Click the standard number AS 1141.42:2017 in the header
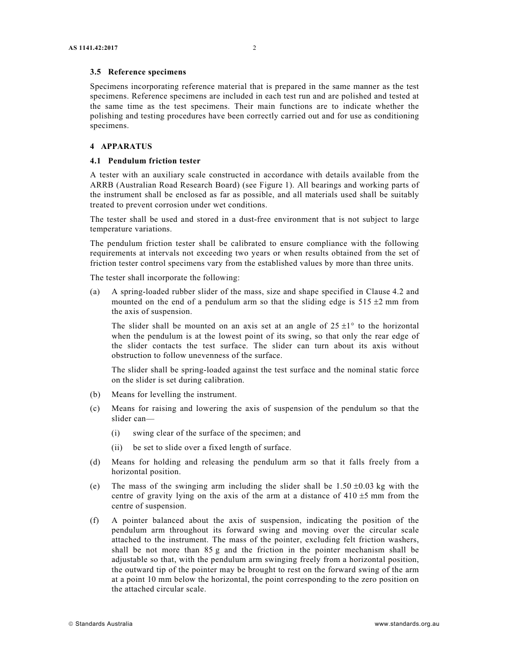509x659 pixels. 93,48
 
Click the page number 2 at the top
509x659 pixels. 254,48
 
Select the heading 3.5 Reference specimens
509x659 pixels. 138,72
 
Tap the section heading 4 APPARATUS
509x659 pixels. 121,146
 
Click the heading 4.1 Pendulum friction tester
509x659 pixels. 145,161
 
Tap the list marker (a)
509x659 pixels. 95,292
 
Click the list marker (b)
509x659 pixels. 95,394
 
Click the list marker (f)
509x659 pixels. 95,520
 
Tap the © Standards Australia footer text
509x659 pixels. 100,624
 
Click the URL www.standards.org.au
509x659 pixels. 407,624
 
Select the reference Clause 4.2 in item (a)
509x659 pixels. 386,292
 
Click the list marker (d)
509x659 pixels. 95,462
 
